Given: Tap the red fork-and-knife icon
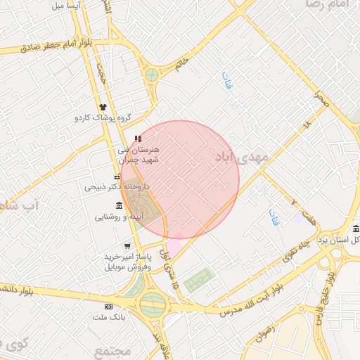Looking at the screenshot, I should point(138,138).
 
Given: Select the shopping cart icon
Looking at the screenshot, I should point(127,246).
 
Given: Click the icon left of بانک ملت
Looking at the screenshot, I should point(108,307).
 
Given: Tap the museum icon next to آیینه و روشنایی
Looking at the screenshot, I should point(118,205).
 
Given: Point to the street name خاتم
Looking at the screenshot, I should point(184,63).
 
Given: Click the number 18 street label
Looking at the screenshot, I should point(307,124).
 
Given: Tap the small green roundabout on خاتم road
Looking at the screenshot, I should point(151,74).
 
